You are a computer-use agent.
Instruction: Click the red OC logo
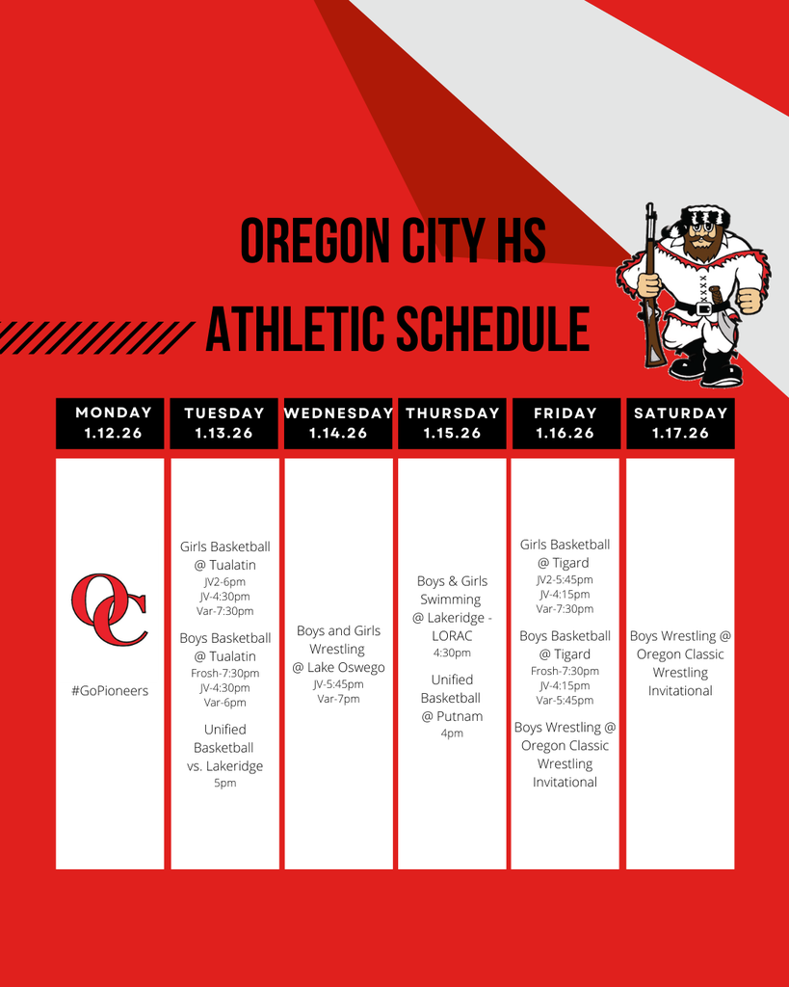[x=110, y=609]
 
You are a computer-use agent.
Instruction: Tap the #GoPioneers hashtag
[x=110, y=690]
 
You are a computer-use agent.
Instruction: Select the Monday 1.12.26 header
[x=110, y=423]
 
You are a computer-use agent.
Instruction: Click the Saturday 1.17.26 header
[x=680, y=423]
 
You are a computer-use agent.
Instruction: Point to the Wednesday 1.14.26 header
[x=338, y=423]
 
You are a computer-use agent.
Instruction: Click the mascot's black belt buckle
[x=704, y=308]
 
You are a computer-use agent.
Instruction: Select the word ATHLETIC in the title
[x=295, y=329]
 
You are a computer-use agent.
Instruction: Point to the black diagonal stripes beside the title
[x=96, y=336]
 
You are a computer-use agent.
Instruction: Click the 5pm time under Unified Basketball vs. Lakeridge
[x=224, y=783]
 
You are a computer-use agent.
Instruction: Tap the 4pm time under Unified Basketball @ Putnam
[x=452, y=734]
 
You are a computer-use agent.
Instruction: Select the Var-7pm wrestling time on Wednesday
[x=338, y=699]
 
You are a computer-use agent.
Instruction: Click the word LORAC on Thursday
[x=452, y=636]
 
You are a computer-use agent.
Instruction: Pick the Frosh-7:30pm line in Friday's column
[x=565, y=671]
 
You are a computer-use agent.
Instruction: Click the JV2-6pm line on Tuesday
[x=224, y=582]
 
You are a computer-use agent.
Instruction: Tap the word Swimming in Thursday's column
[x=451, y=600]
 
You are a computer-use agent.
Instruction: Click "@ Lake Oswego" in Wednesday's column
[x=338, y=667]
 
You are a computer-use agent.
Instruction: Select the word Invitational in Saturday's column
[x=680, y=690]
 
